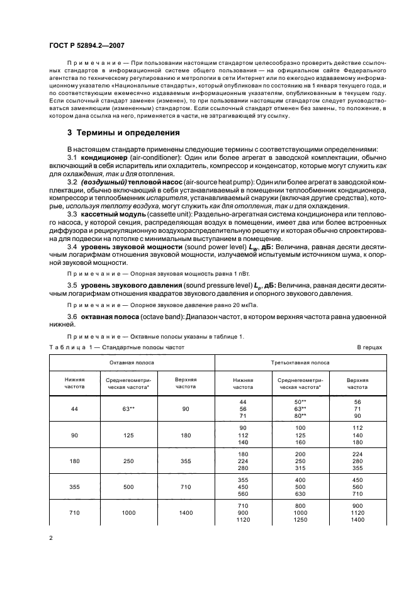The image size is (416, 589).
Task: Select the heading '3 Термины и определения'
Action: coord(123,133)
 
